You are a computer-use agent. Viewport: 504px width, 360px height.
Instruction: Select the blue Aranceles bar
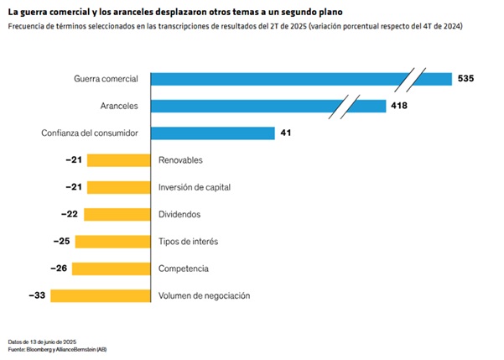click(x=252, y=106)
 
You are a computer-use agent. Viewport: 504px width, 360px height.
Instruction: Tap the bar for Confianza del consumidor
click(x=213, y=133)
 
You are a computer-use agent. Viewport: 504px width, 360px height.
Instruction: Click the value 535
click(x=467, y=79)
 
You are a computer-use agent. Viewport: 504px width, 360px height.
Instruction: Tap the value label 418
click(x=399, y=106)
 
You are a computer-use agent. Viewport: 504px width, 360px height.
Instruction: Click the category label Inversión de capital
click(x=195, y=187)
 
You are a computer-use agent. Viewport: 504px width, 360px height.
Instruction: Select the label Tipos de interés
click(x=188, y=242)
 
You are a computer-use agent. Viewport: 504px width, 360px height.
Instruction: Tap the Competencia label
click(x=183, y=269)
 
